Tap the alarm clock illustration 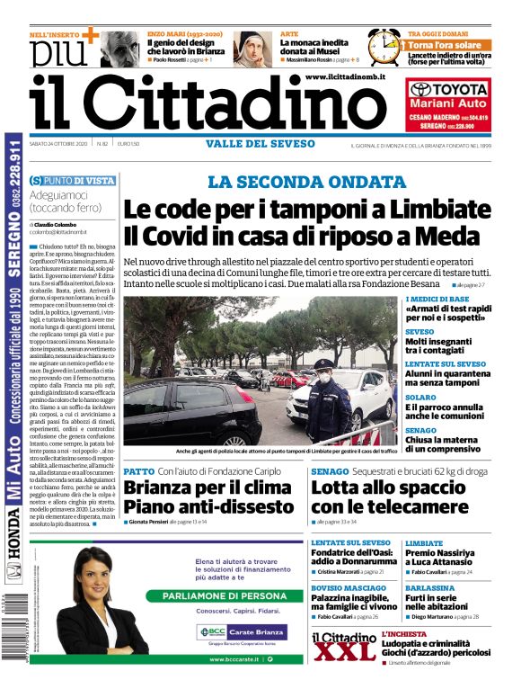[x=384, y=46]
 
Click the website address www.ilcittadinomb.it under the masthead [x=345, y=78]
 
